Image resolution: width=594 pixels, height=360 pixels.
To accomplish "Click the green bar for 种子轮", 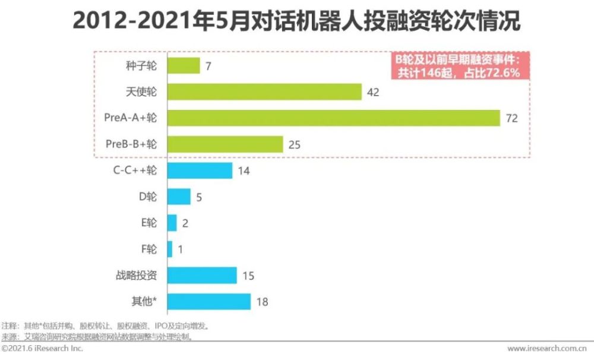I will point(184,65).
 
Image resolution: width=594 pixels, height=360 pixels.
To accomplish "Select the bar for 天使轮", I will point(265,92).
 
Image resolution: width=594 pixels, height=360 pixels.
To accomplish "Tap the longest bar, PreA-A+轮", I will point(334,118).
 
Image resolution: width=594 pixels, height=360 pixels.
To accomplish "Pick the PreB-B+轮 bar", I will point(225,144).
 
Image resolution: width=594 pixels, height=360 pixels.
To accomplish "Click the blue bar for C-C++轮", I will point(200,170).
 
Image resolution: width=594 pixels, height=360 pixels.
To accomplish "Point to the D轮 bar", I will point(179,197).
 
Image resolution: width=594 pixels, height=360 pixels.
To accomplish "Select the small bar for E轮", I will point(172,223).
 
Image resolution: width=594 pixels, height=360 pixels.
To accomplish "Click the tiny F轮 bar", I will point(170,249).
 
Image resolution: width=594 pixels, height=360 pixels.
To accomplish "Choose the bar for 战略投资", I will point(202,275).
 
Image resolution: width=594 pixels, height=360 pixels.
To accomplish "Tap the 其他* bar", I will point(209,301).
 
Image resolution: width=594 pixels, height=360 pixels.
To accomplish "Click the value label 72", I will point(512,118).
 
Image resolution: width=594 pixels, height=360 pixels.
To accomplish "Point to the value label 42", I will point(373,92).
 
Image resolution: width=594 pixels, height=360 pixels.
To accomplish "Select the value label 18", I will point(262,302).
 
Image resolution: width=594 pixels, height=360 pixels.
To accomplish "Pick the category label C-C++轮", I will point(135,170).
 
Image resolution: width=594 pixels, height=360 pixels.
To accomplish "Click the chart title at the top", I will point(296,22).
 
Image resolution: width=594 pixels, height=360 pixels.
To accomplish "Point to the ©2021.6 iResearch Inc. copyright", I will point(42,349).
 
